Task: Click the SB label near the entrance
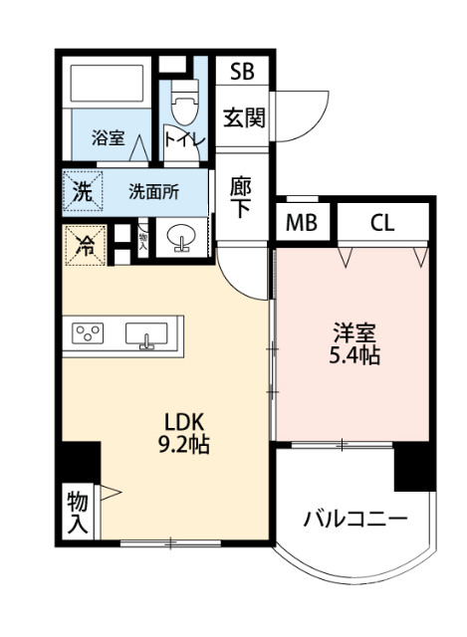(242, 72)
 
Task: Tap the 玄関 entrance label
(242, 117)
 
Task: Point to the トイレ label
(185, 140)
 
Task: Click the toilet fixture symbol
(184, 100)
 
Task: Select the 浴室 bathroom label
(107, 139)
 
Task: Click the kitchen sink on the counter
(147, 335)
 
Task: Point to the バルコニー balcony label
(355, 519)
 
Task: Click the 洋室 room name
(352, 331)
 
